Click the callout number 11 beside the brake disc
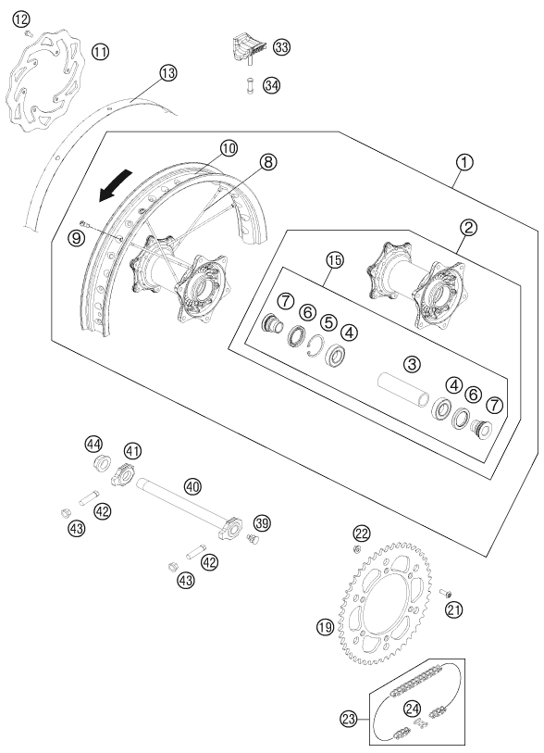click(100, 51)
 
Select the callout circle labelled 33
click(282, 47)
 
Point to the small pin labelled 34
click(250, 85)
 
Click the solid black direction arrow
click(115, 186)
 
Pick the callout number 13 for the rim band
click(167, 73)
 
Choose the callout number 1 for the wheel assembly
click(464, 162)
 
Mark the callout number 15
click(335, 260)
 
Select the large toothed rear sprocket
click(385, 603)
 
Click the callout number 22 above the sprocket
click(362, 533)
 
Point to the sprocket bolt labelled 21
click(446, 594)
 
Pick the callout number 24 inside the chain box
click(412, 709)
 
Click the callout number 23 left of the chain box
click(349, 719)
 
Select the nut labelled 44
click(101, 464)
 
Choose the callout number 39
click(262, 523)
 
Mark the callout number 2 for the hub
click(468, 227)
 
